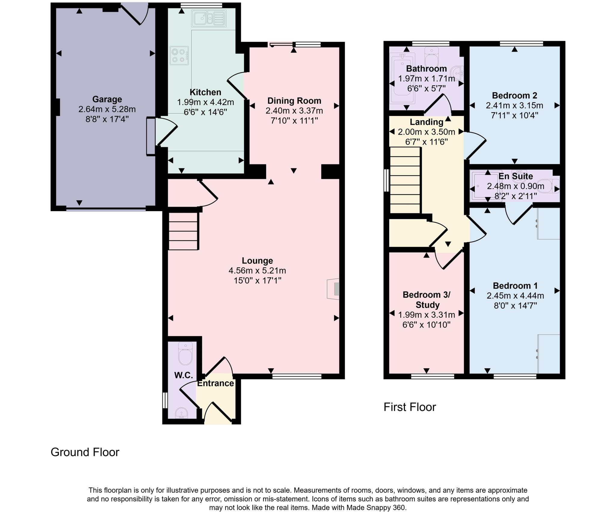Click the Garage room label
107,99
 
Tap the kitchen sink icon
209,19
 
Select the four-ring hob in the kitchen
179,56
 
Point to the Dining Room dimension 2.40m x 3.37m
294,111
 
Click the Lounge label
257,260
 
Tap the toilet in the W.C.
185,354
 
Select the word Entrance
215,383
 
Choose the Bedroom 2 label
514,96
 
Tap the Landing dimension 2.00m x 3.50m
426,132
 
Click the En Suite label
516,176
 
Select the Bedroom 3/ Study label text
427,300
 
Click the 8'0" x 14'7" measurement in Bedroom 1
515,306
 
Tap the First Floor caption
409,407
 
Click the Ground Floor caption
85,452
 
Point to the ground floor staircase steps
183,231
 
